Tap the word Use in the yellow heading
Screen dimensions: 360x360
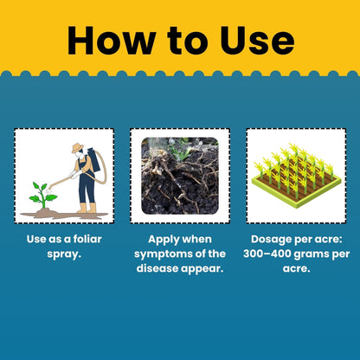point(258,41)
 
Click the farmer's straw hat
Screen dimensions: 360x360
point(77,148)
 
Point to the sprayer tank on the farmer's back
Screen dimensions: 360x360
point(93,159)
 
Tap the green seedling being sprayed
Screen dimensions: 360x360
point(43,195)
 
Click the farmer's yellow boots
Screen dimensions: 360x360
point(87,208)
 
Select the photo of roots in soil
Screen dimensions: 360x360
point(180,176)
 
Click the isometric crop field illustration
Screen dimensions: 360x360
point(296,176)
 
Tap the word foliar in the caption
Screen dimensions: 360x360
point(87,239)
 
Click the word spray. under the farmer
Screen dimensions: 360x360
point(64,254)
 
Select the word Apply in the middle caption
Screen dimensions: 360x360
point(164,240)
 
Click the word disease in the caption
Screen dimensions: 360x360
point(157,268)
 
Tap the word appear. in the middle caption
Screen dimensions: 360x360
point(202,269)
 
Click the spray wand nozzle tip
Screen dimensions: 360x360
point(50,188)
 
